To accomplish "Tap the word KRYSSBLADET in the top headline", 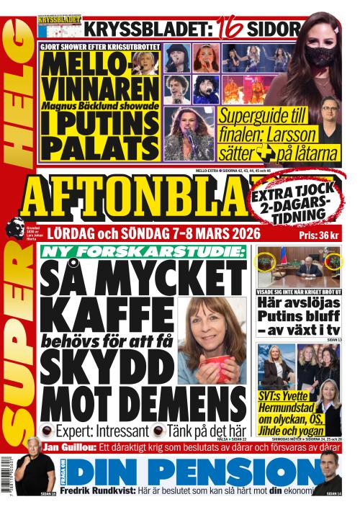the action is coord(148,30).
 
